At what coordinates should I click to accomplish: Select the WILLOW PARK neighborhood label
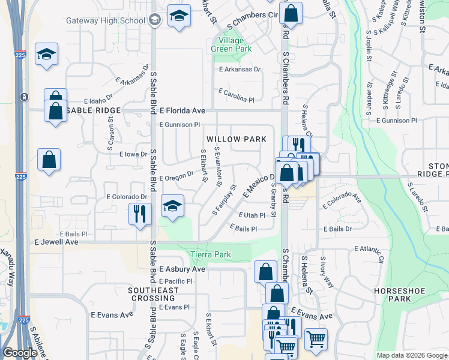click(x=237, y=139)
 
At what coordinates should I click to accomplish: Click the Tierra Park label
click(x=211, y=254)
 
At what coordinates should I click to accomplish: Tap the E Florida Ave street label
click(x=182, y=111)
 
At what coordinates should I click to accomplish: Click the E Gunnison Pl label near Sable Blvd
click(x=179, y=124)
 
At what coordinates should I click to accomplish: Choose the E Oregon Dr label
click(x=176, y=175)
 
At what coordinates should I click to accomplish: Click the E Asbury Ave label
click(x=182, y=269)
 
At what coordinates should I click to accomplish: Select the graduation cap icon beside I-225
click(x=46, y=55)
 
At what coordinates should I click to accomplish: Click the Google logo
click(x=20, y=353)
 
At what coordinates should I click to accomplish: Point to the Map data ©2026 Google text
click(x=411, y=355)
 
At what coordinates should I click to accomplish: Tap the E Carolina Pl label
click(x=237, y=95)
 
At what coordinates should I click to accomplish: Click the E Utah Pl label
click(x=252, y=215)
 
